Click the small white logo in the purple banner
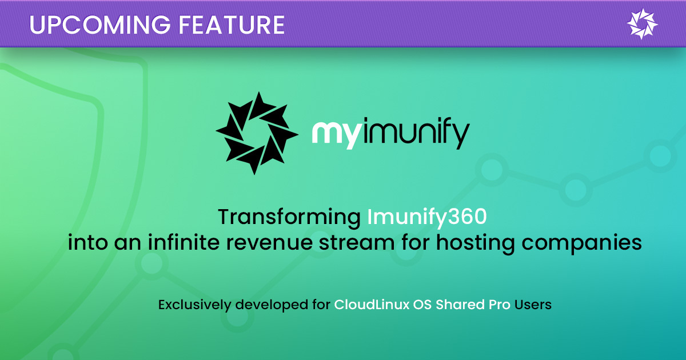[x=643, y=24]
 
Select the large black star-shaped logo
[x=257, y=133]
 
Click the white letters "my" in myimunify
[x=334, y=134]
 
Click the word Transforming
[x=290, y=218]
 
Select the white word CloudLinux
[x=369, y=305]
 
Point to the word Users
[x=533, y=305]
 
